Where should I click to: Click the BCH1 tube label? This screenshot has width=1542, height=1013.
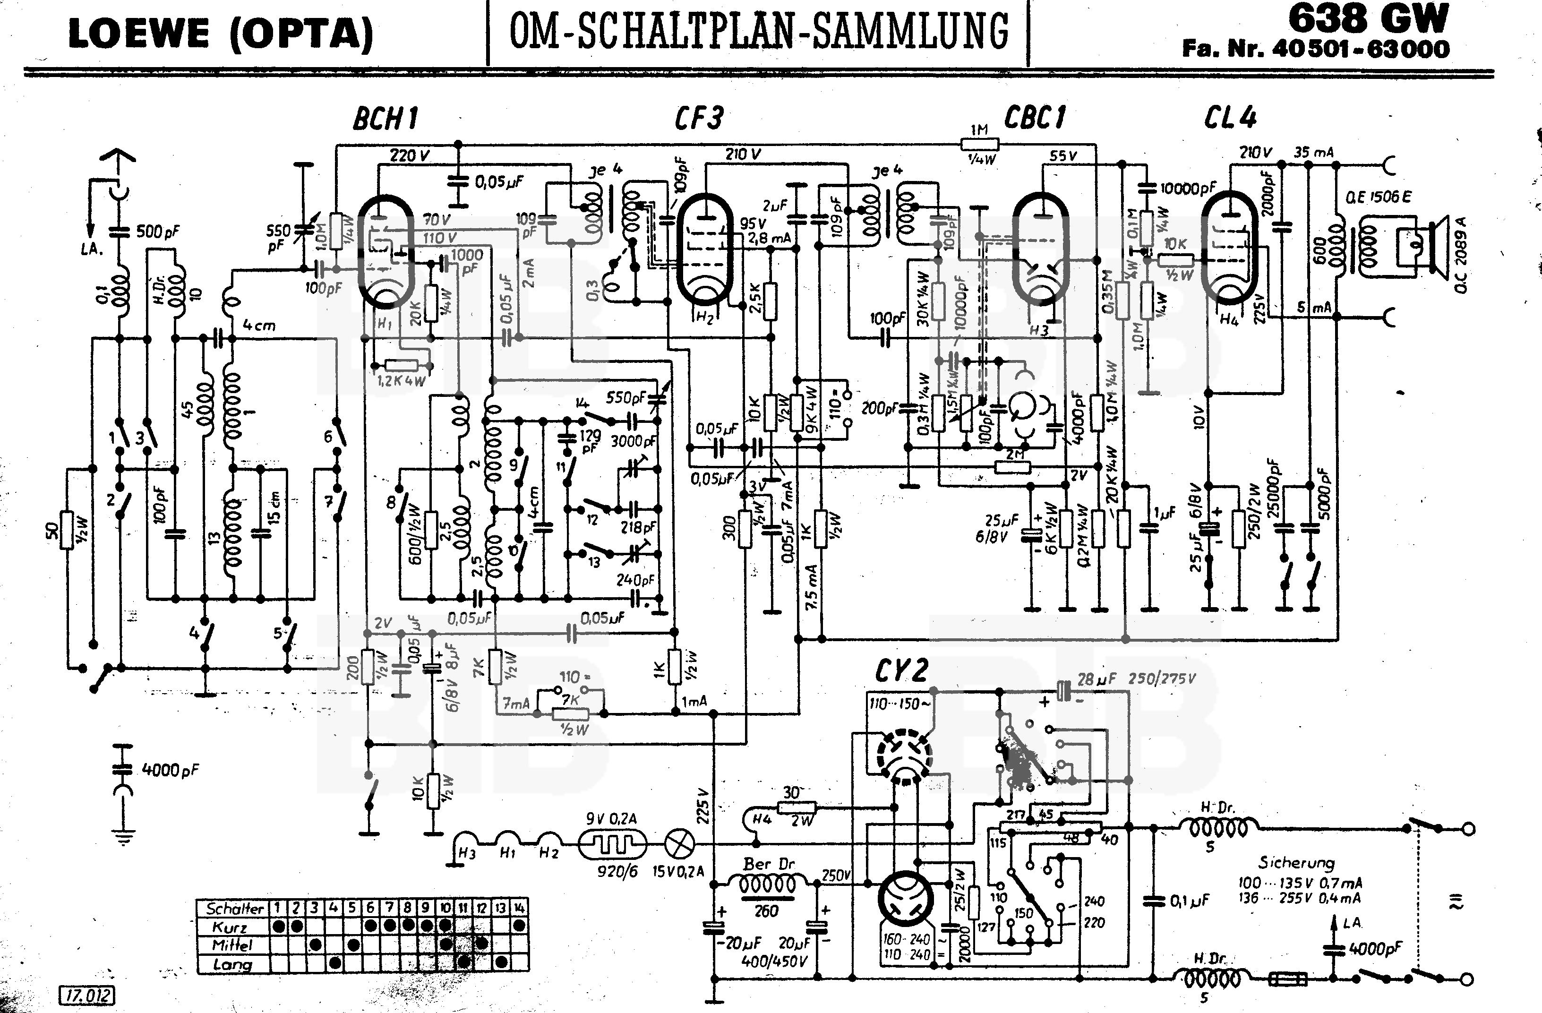385,119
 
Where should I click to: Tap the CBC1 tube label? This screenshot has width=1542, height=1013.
1034,117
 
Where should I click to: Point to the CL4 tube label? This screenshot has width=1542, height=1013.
1230,117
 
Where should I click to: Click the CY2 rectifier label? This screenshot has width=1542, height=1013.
901,671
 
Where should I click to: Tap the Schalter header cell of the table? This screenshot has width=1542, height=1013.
234,908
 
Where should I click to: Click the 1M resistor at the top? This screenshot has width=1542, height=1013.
980,144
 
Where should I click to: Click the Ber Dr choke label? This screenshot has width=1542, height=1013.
769,864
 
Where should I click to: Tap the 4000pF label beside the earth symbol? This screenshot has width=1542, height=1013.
170,770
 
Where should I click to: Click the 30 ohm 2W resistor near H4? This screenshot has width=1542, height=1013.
796,807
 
